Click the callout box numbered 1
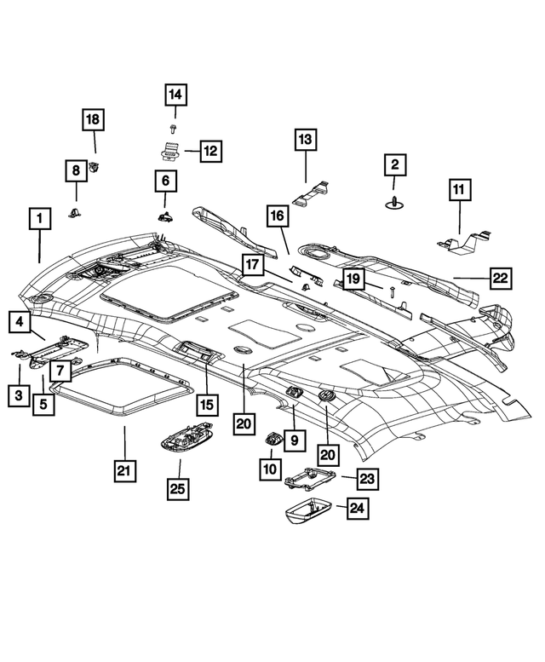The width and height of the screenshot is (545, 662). pyautogui.click(x=38, y=219)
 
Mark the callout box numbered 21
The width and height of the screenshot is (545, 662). pyautogui.click(x=125, y=469)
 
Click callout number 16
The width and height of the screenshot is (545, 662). pyautogui.click(x=278, y=217)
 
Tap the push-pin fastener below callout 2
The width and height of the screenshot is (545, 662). pyautogui.click(x=394, y=202)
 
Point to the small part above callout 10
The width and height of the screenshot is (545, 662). pyautogui.click(x=271, y=439)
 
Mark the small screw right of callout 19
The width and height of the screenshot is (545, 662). pyautogui.click(x=391, y=291)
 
